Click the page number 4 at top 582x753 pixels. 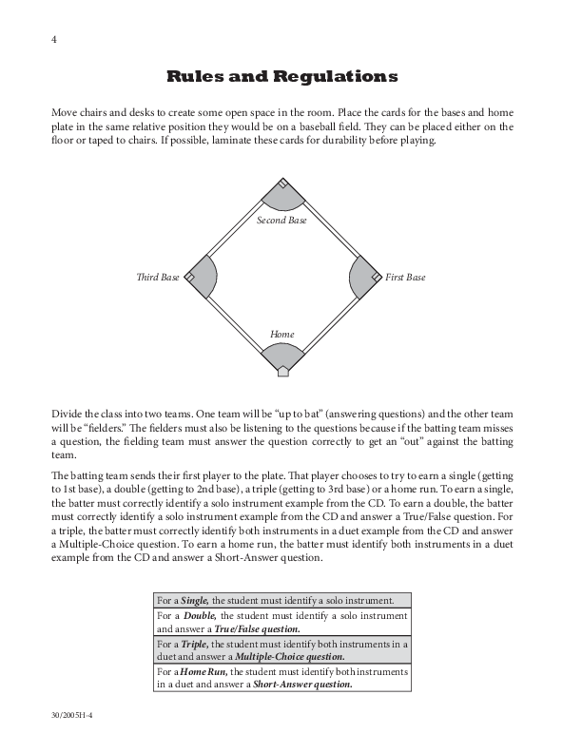point(55,40)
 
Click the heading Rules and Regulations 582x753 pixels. point(282,76)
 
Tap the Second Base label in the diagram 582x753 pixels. point(282,221)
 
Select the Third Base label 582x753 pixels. point(158,278)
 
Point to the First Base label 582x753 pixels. point(405,278)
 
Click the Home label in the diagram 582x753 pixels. point(282,335)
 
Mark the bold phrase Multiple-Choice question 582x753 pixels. point(291,656)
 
